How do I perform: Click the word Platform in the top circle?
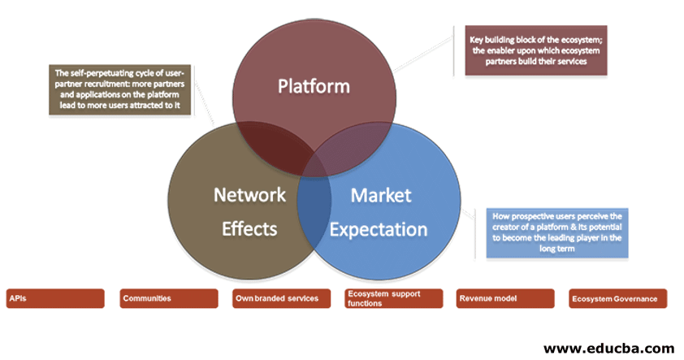(x=314, y=86)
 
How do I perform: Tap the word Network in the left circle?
(x=249, y=195)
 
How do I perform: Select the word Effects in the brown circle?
(x=249, y=228)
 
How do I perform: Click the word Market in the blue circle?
(x=381, y=195)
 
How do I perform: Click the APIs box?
(x=56, y=298)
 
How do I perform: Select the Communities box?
(x=169, y=298)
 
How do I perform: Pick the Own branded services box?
(x=281, y=298)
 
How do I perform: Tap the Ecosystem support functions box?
(x=393, y=298)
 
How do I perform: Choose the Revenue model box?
(x=505, y=298)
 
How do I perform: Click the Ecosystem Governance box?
(x=618, y=298)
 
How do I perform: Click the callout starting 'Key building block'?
(x=530, y=50)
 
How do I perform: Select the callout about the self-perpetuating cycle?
(x=118, y=90)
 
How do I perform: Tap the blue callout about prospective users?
(x=557, y=233)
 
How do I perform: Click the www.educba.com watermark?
(x=608, y=347)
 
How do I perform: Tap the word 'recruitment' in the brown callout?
(x=106, y=83)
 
